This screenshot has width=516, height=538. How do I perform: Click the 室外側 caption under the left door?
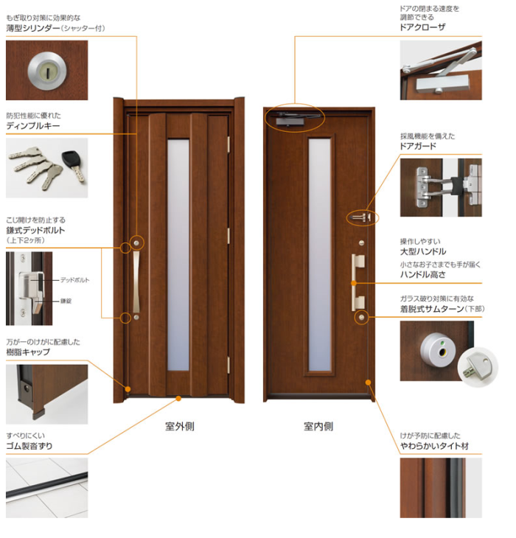point(179,427)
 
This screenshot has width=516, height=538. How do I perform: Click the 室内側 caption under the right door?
point(318,427)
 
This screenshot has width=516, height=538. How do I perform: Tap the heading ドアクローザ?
point(422,27)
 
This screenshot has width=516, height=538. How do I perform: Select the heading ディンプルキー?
point(33,125)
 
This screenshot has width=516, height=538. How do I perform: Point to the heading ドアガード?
point(418,146)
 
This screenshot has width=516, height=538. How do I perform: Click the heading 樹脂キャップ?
point(28,352)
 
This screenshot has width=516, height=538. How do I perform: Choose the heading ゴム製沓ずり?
point(29,446)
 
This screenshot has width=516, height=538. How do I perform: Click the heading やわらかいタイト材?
point(434,446)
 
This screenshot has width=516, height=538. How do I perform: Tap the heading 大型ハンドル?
point(423,251)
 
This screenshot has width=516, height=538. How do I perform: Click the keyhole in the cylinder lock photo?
point(48,71)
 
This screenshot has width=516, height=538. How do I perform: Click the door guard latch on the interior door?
point(361,217)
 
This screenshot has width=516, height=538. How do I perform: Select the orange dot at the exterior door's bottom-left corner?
point(128,389)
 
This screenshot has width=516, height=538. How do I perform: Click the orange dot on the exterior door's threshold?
point(178,399)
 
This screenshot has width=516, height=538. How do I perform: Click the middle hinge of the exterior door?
point(229,236)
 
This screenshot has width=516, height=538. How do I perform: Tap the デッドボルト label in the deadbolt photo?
point(74,280)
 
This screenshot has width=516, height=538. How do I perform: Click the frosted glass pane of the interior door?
point(320,254)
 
